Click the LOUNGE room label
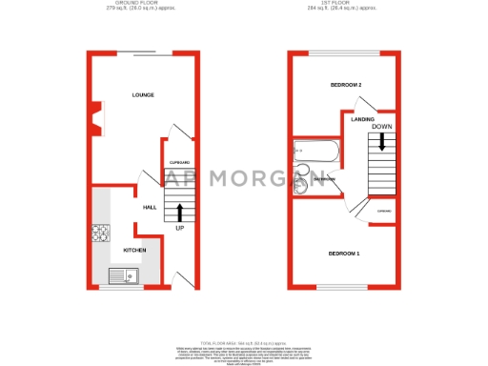pos(143,95)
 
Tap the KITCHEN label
pos(134,250)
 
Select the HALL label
pos(150,207)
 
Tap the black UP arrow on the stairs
pos(180,211)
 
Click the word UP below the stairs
pos(180,229)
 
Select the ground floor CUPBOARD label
pos(180,163)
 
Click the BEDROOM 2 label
pos(346,86)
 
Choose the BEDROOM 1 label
pos(344,254)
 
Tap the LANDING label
pos(362,119)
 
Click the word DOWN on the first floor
pos(381,126)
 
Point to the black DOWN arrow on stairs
pos(381,142)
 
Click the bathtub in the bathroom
pos(314,152)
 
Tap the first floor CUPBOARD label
pos(384,211)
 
